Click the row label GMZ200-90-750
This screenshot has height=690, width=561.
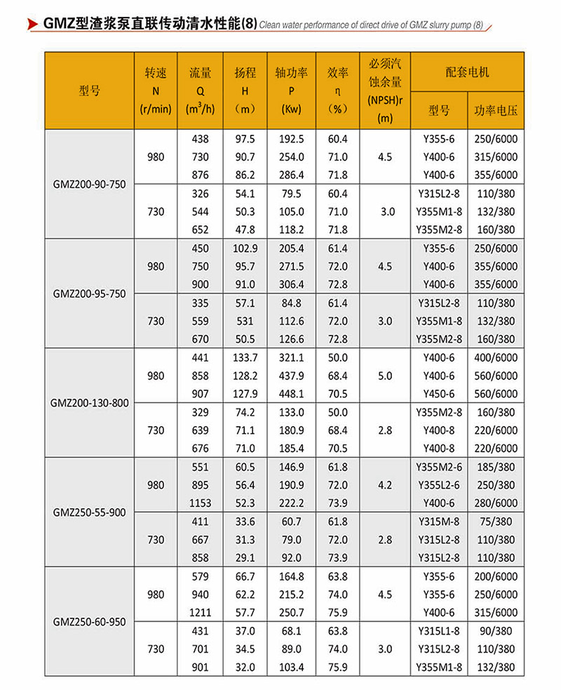89,184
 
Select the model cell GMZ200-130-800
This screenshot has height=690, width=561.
89,403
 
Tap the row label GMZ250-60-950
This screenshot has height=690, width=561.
89,621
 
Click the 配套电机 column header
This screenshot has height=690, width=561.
467,72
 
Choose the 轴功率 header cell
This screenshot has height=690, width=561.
290,90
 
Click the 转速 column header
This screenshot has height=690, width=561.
156,90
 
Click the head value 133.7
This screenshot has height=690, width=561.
245,358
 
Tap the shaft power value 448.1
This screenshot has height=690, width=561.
290,394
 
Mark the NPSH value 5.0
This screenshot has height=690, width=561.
384,376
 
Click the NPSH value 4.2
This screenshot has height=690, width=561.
384,485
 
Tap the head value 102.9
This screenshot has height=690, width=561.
245,248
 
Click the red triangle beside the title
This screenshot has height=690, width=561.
32,25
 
